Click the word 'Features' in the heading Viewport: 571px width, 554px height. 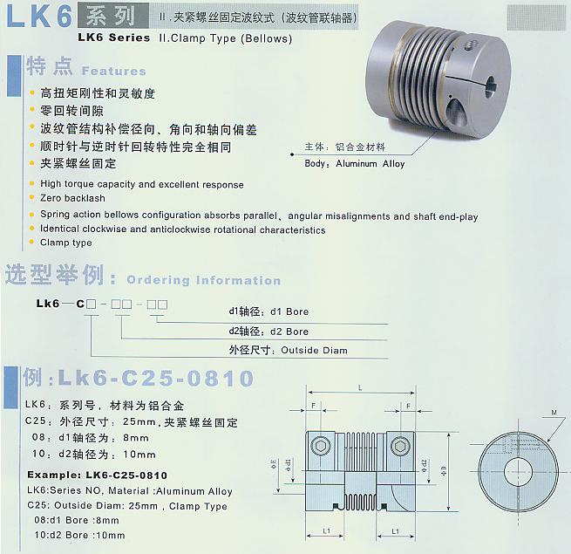click(x=113, y=71)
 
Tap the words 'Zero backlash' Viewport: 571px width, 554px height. click(x=72, y=199)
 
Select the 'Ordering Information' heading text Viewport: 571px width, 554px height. click(x=204, y=280)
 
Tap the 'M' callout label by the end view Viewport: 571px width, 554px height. click(x=554, y=412)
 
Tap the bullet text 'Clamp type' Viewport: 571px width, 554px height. click(x=65, y=243)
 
